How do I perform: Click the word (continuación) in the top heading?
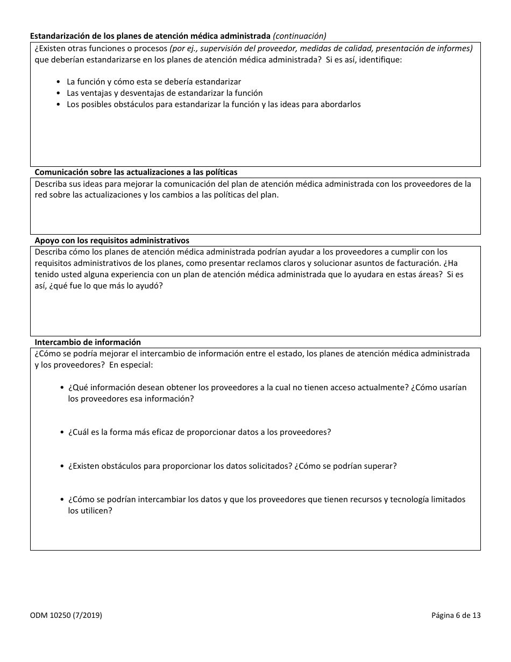300,36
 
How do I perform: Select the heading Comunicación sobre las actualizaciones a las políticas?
136,172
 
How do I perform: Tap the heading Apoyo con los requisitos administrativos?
112,241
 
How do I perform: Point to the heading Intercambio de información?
88,342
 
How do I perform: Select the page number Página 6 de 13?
456,616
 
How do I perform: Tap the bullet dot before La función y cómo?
59,82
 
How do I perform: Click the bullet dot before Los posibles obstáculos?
59,104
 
